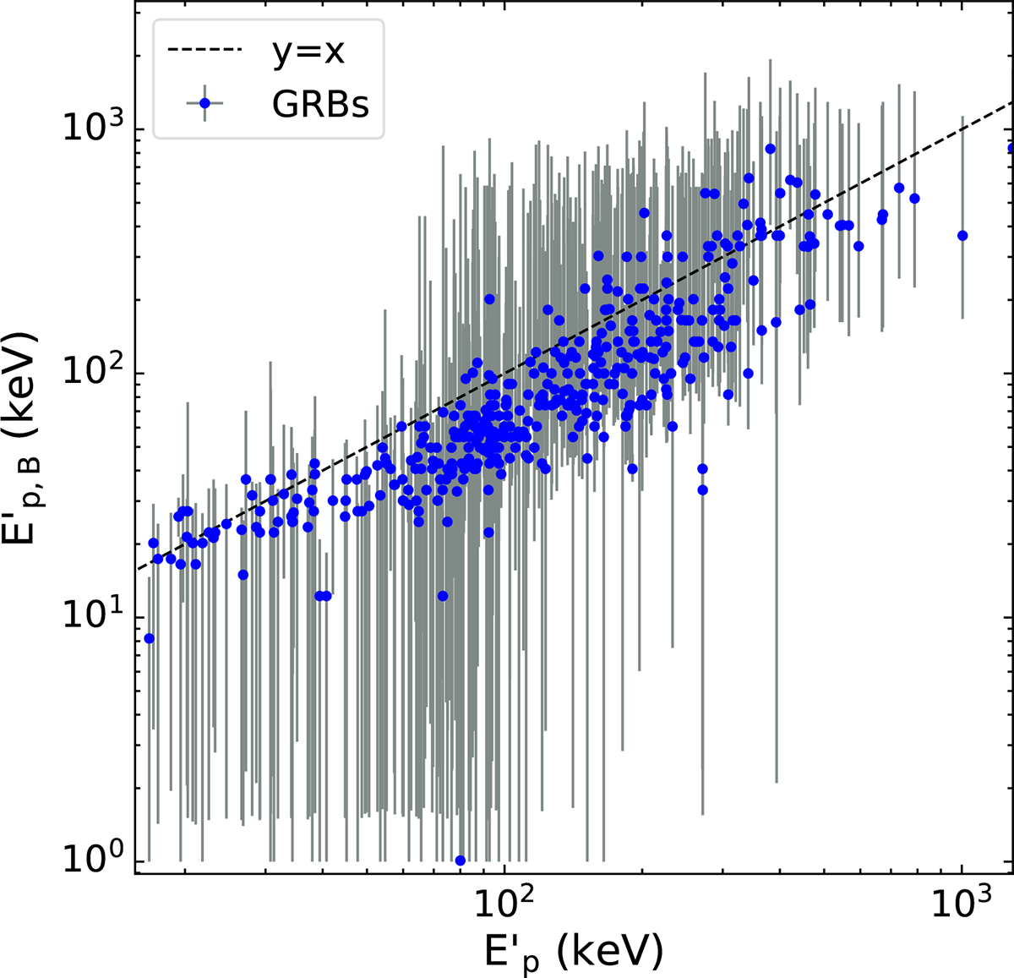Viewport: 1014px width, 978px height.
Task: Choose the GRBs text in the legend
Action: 320,105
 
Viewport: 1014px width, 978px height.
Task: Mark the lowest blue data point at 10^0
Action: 461,861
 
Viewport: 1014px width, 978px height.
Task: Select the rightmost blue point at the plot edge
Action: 1011,148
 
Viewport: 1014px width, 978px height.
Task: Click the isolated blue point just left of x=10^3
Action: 962,236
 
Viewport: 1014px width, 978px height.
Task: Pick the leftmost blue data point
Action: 150,638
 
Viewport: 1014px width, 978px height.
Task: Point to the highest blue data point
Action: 770,149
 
